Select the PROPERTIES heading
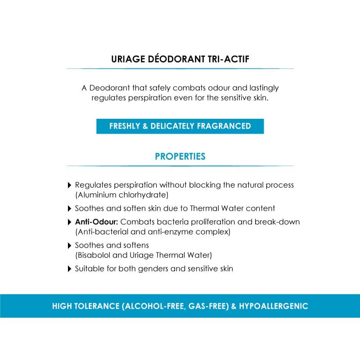tap(180, 157)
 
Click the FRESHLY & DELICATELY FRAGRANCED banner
tap(180, 126)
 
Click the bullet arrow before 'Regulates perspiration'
tap(69, 185)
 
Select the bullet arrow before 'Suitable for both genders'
tap(69, 269)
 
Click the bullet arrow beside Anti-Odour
tap(69, 222)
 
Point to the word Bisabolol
tap(96, 255)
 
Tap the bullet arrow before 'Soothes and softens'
tap(69, 245)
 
